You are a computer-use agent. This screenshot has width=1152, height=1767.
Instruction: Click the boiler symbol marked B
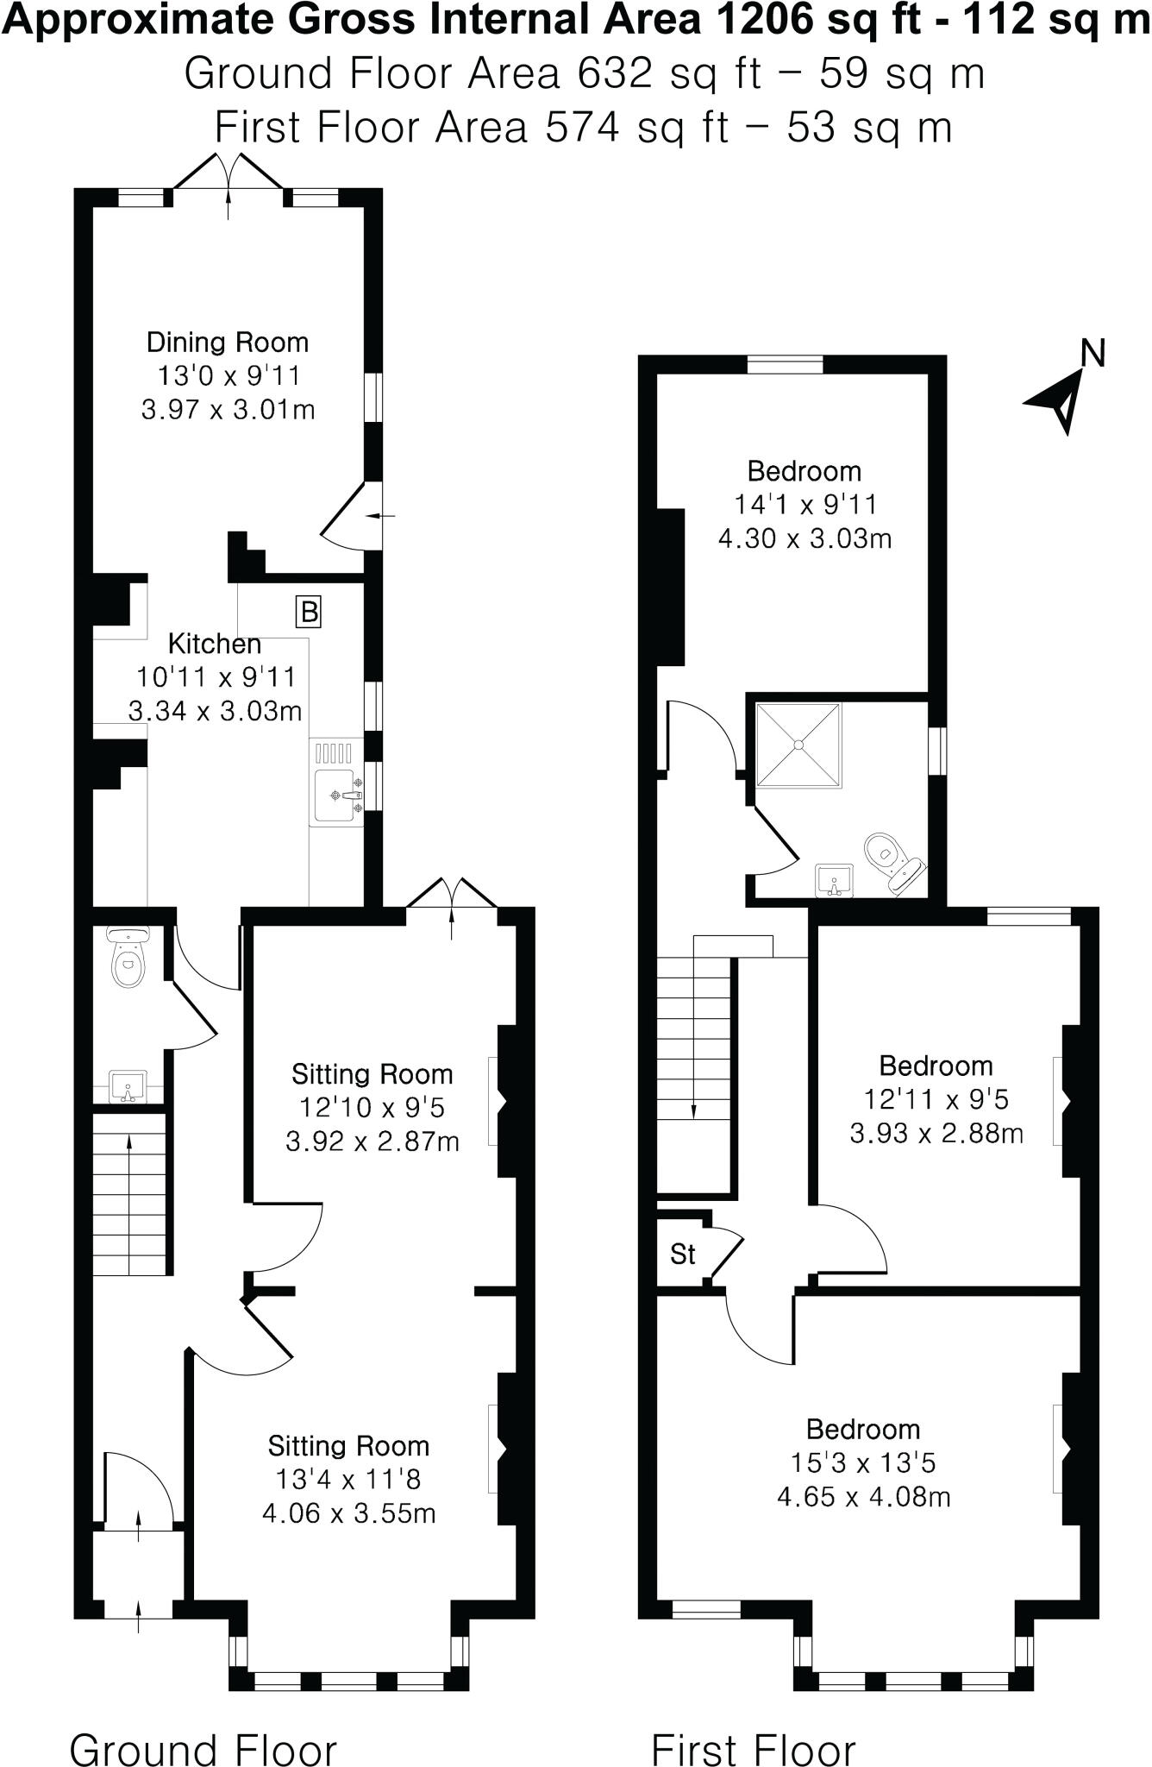click(309, 612)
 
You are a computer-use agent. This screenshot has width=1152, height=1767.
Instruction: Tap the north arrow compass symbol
click(1062, 400)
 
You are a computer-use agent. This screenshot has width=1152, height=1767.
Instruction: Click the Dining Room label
click(228, 343)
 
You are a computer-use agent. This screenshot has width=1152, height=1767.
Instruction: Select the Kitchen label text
click(214, 644)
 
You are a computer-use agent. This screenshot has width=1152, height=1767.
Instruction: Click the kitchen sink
click(337, 794)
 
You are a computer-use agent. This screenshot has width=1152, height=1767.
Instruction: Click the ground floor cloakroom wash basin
click(128, 1085)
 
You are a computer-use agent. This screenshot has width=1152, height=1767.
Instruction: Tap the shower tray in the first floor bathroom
click(798, 745)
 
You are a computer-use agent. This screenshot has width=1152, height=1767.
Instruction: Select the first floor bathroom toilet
click(891, 859)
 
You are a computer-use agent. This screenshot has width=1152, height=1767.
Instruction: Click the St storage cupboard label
click(682, 1255)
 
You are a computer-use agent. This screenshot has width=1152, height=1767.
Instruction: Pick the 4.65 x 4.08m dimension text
click(863, 1496)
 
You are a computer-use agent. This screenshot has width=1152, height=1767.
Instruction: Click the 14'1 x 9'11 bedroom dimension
click(805, 505)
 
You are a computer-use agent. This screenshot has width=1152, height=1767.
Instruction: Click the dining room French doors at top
click(229, 177)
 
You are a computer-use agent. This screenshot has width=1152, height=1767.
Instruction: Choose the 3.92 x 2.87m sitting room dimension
click(372, 1141)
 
